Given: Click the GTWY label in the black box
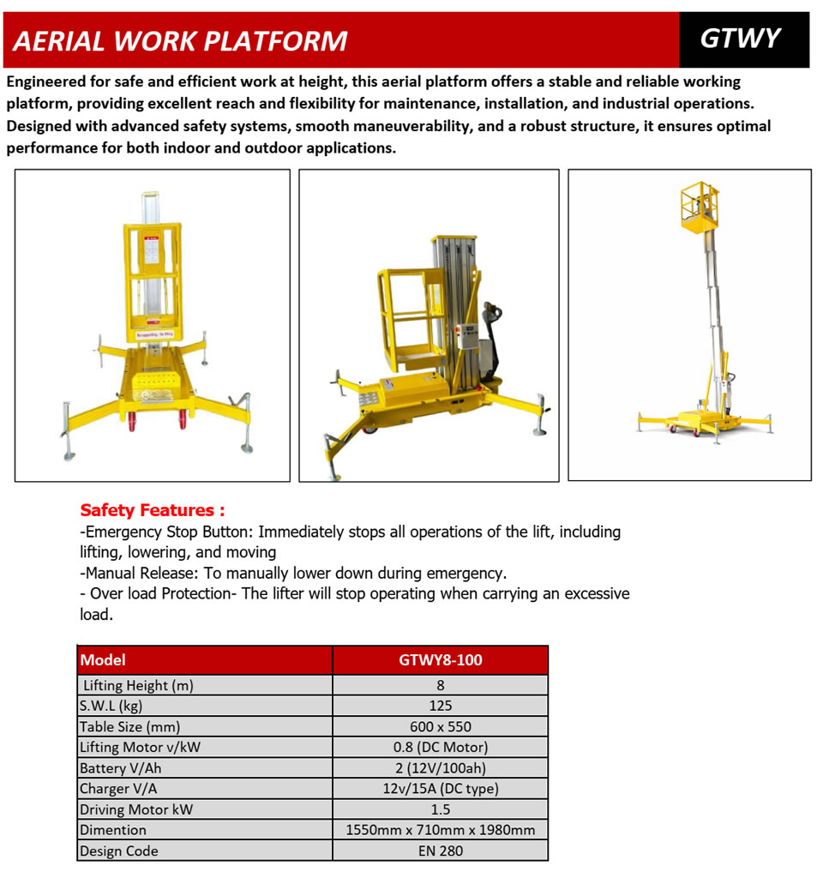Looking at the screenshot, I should (741, 39).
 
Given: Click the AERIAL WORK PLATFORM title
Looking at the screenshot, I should (181, 41).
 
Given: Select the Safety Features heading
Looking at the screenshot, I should (153, 510).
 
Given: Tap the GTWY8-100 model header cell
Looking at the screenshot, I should (440, 660).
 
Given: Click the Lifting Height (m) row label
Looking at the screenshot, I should (138, 685).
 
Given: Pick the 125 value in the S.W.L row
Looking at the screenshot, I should (441, 706).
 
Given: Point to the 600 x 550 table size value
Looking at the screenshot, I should (441, 726).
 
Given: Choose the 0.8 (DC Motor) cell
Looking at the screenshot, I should (441, 747).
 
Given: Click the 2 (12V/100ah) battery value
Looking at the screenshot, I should (441, 768).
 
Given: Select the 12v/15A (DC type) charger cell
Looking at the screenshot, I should (441, 789).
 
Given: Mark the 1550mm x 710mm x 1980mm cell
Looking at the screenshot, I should (441, 830).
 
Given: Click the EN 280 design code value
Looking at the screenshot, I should (441, 851).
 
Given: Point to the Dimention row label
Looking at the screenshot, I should (113, 830).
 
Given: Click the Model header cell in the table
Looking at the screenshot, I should (103, 660).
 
